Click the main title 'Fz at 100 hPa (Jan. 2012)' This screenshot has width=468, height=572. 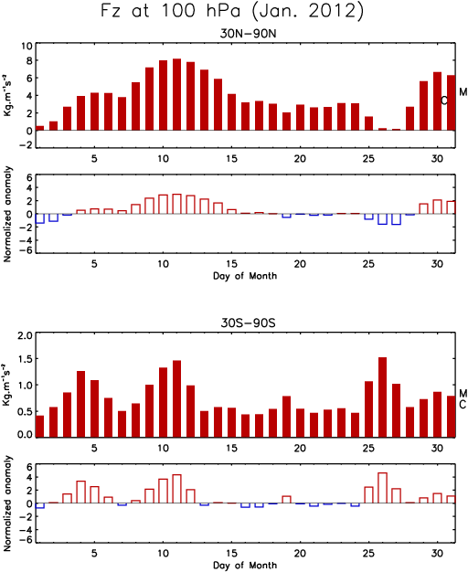tap(232, 11)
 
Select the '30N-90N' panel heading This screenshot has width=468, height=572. tap(248, 34)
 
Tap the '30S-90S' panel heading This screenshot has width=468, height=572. tap(248, 323)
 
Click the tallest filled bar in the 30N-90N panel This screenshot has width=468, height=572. tap(176, 94)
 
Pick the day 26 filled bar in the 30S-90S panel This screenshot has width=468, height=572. tap(382, 397)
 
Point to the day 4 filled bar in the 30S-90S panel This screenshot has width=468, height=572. tap(80, 404)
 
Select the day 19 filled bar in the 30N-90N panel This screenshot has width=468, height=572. tap(287, 122)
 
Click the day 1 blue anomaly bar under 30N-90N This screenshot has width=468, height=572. tap(40, 218)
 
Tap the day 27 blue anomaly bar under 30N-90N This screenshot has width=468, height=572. tap(396, 219)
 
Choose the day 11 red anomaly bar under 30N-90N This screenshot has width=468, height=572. tap(176, 204)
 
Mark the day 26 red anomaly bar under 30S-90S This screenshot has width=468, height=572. tap(382, 488)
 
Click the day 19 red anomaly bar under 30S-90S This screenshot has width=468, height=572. tap(287, 500)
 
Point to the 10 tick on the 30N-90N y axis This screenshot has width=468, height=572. tap(27, 46)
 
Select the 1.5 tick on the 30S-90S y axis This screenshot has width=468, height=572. tap(25, 359)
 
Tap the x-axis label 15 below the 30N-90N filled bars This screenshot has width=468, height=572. tap(232, 159)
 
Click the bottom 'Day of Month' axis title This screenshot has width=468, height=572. tap(245, 565)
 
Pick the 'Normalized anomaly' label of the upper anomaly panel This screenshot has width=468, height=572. tap(7, 214)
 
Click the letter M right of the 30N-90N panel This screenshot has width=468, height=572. tap(463, 92)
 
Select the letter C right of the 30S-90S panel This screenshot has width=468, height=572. tap(463, 404)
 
